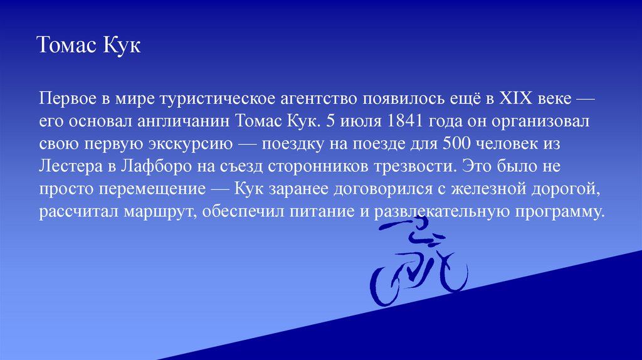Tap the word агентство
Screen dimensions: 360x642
(302, 98)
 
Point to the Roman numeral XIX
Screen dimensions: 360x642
(516, 98)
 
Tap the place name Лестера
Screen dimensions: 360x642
(67, 167)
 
